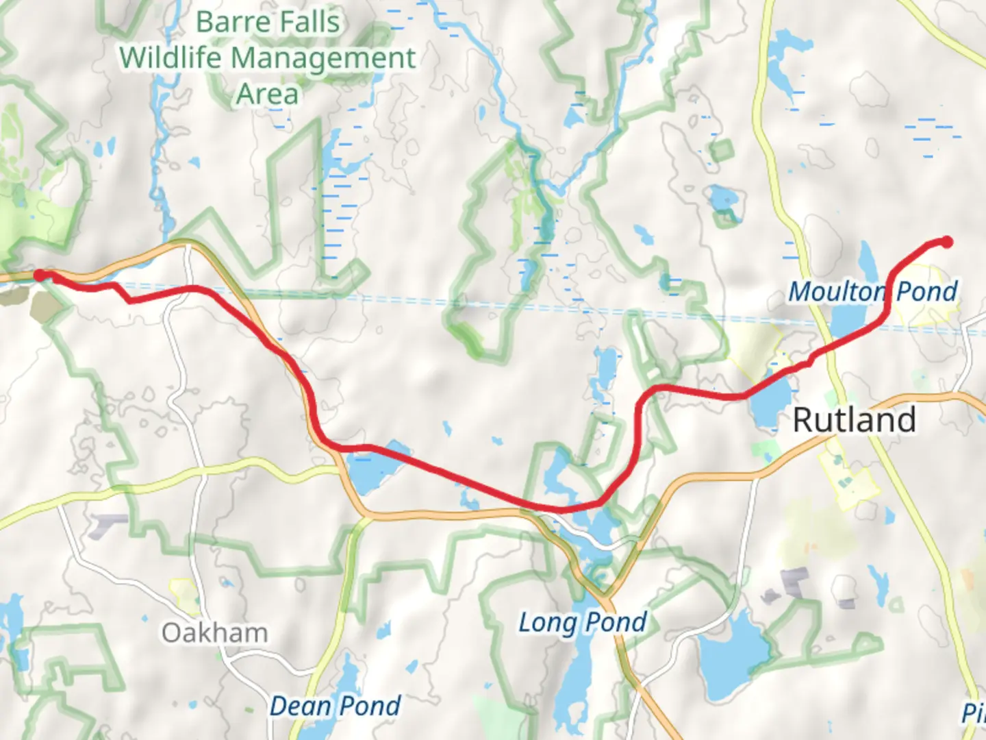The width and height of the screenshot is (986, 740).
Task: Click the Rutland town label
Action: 854,419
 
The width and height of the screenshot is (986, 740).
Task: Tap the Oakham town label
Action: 214,633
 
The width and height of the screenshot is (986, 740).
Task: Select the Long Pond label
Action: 583,623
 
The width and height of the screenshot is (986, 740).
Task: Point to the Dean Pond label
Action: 335,706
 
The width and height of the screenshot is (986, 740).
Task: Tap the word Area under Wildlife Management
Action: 267,95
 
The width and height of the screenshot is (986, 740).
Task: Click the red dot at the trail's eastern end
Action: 947,241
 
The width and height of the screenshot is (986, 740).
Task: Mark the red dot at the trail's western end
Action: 40,275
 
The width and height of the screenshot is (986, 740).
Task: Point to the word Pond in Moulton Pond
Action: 926,292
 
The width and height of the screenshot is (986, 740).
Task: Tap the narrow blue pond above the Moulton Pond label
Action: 866,260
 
